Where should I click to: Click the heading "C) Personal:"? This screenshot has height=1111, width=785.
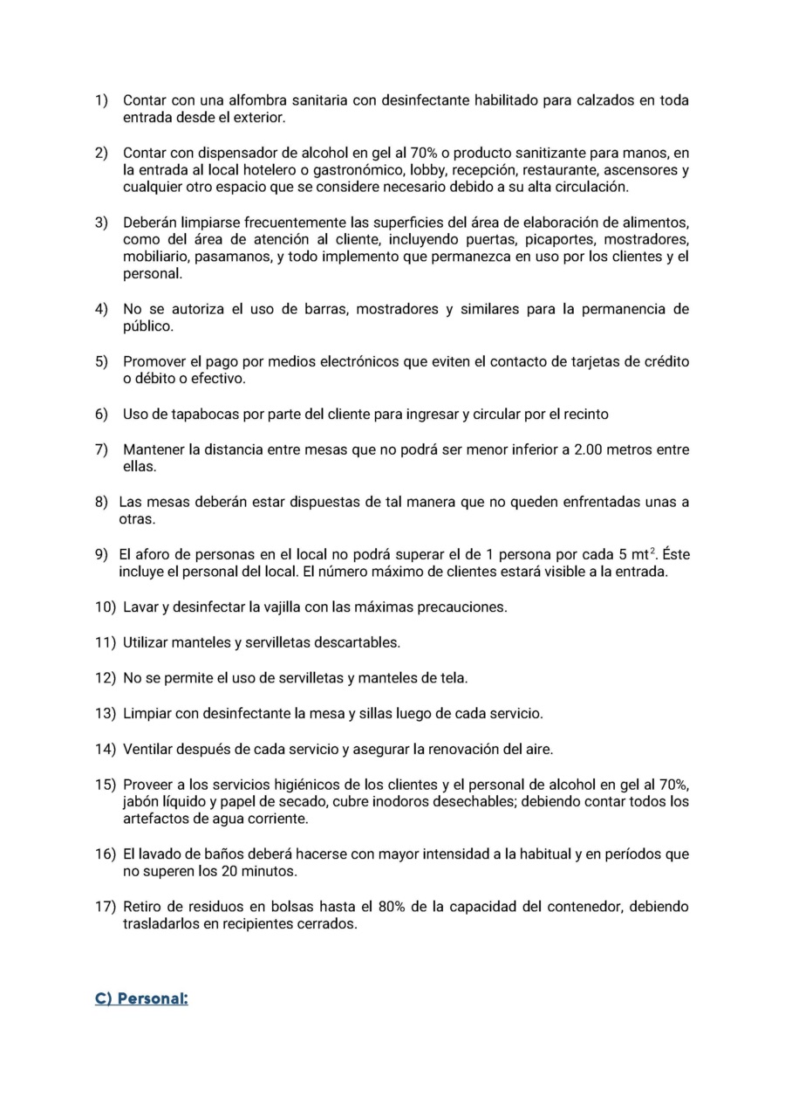[x=141, y=998]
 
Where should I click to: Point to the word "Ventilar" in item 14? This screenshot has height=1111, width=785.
[x=149, y=750]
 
